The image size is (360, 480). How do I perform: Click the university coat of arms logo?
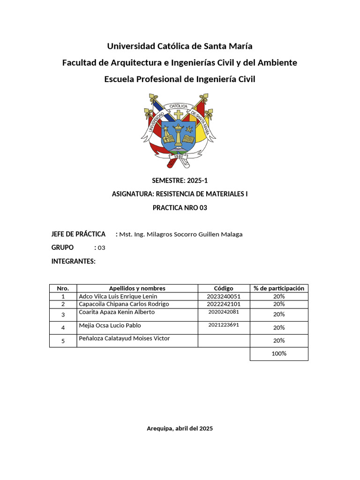[x=180, y=130]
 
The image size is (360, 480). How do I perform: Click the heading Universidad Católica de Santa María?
[x=180, y=46]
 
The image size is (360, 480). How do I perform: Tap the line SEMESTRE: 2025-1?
[x=180, y=180]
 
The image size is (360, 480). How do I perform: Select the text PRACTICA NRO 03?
[x=180, y=208]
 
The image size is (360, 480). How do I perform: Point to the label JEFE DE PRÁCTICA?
[x=78, y=234]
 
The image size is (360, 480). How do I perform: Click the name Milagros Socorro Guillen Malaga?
[x=181, y=234]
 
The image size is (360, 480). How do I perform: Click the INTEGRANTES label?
[x=73, y=261]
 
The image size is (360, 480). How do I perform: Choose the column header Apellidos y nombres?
[x=137, y=288]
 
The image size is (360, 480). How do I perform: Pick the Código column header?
[x=224, y=288]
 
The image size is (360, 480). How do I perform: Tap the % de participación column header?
[x=279, y=288]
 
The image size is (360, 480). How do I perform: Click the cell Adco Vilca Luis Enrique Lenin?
[x=118, y=296]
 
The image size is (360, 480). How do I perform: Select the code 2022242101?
[x=224, y=304]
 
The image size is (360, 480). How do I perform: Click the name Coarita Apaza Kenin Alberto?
[x=117, y=312]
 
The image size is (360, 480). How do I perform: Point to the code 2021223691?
[x=224, y=325]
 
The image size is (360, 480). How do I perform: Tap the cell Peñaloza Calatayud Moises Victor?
[x=124, y=338]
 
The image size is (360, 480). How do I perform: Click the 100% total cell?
[x=279, y=353]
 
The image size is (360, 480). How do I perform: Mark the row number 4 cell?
[x=63, y=327]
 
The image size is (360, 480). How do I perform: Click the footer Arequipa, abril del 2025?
[x=180, y=428]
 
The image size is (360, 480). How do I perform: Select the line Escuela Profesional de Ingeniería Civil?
[x=180, y=79]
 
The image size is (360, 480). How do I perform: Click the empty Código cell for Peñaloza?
[x=224, y=340]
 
